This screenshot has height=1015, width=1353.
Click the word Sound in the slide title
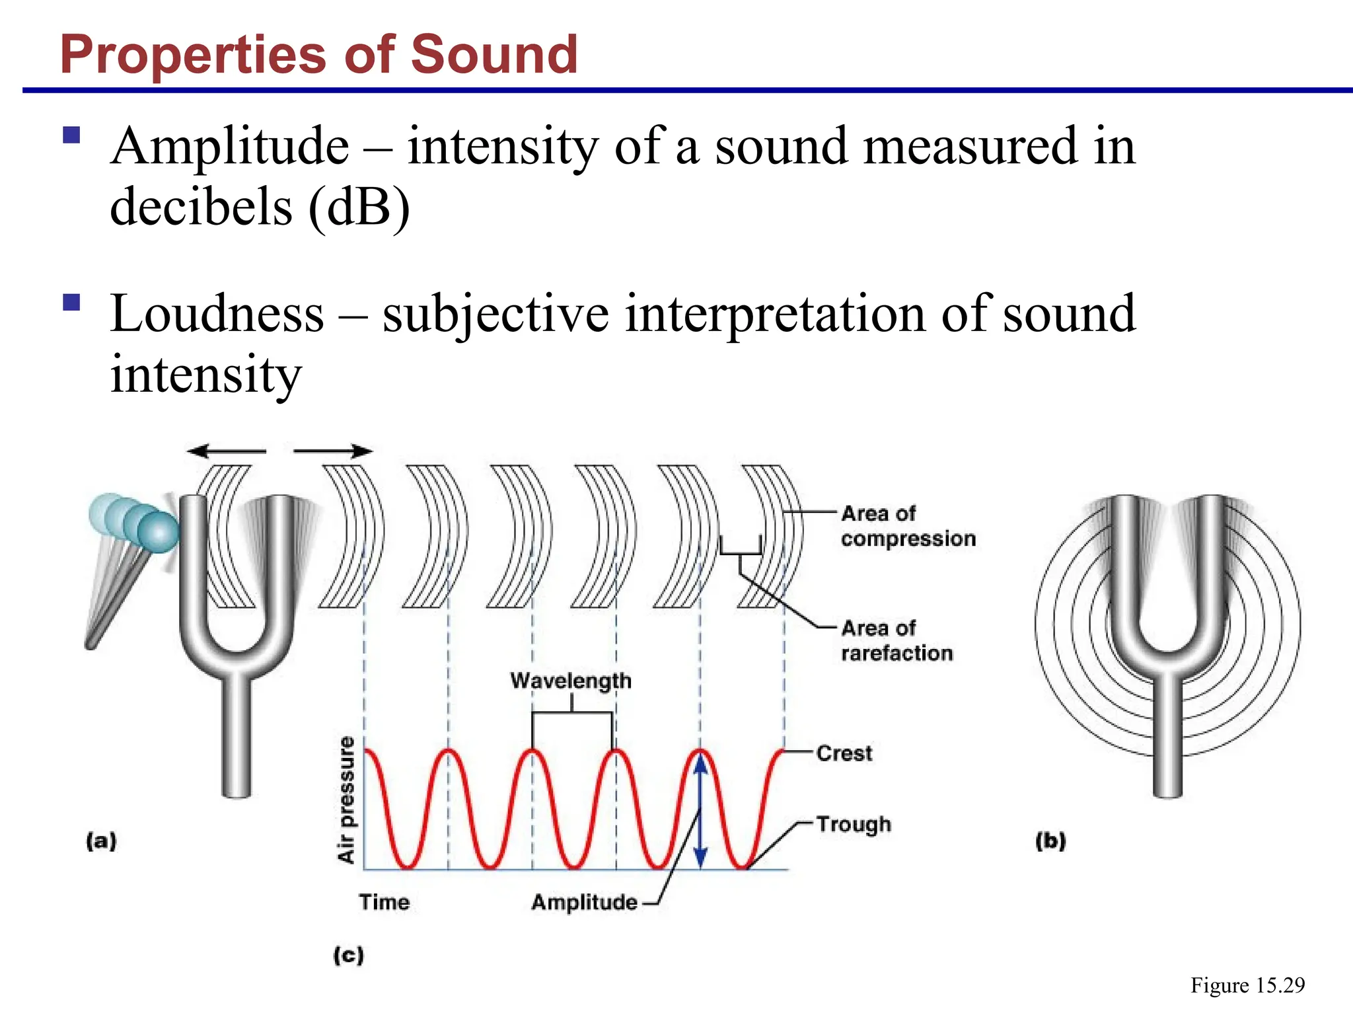point(494,54)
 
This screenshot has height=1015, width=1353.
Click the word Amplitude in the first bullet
point(230,146)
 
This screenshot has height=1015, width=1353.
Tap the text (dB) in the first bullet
point(359,207)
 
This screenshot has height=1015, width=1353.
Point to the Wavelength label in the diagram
point(571,681)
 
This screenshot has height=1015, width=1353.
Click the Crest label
point(844,753)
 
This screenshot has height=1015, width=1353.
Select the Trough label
point(854,824)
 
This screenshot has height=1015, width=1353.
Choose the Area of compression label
point(908,526)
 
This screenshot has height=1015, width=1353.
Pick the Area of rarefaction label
point(896,640)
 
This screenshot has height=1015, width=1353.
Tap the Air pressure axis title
point(347,800)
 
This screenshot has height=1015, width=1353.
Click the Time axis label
point(384,902)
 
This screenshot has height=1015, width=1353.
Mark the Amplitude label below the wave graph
point(584,902)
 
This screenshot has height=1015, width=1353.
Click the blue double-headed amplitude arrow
point(701,810)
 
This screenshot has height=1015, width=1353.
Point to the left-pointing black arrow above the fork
point(226,452)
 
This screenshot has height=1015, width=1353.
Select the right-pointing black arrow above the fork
point(333,452)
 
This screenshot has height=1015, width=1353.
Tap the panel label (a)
point(101,841)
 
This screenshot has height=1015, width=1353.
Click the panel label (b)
point(1050,841)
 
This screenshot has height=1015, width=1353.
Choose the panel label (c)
point(348,955)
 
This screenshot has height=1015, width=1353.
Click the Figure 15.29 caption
point(1247,985)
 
